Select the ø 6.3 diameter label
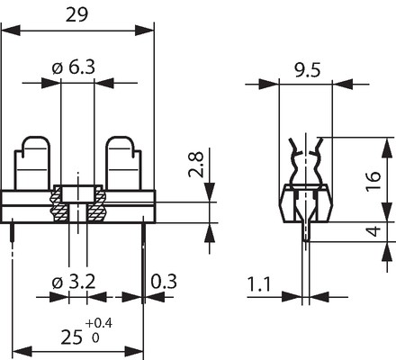point(74,67)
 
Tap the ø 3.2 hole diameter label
point(74,282)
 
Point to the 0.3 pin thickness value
point(164,282)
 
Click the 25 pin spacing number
point(71,337)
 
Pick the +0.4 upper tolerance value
point(99,323)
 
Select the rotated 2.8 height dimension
point(196,165)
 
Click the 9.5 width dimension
point(307,70)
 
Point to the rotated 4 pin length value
point(373,232)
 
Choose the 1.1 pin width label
point(259,284)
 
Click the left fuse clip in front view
point(32,164)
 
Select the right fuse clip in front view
point(123,164)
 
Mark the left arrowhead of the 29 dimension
point(11,31)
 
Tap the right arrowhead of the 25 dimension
point(134,352)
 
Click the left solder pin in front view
point(13,232)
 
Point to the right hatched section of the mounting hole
point(96,204)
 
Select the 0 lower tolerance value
point(95,338)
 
